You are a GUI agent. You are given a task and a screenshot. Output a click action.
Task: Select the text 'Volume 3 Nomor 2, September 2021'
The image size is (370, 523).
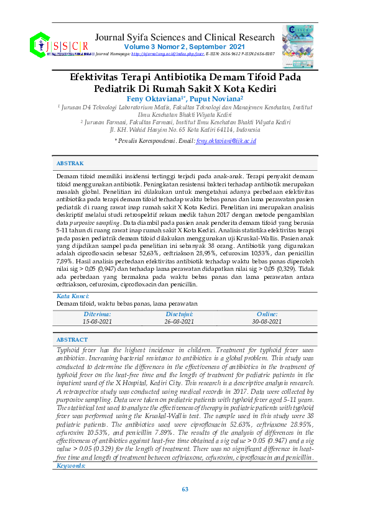(184, 47)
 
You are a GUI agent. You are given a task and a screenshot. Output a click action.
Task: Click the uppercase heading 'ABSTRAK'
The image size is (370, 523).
(70, 163)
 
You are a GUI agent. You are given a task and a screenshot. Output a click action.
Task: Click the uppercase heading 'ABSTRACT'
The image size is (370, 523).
(72, 340)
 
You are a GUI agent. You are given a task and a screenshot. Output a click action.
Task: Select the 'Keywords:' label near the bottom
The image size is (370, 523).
(71, 465)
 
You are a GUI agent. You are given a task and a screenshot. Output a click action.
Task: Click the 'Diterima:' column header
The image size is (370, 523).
(96, 314)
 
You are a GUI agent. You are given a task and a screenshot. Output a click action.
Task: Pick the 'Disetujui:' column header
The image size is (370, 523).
(180, 314)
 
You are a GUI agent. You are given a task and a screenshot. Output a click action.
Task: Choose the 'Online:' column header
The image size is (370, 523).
(267, 314)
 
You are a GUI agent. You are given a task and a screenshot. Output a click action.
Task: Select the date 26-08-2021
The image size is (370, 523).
(180, 322)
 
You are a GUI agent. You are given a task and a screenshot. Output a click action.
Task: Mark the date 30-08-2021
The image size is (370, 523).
(267, 322)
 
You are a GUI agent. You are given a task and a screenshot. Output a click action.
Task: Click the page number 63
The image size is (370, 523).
(185, 489)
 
